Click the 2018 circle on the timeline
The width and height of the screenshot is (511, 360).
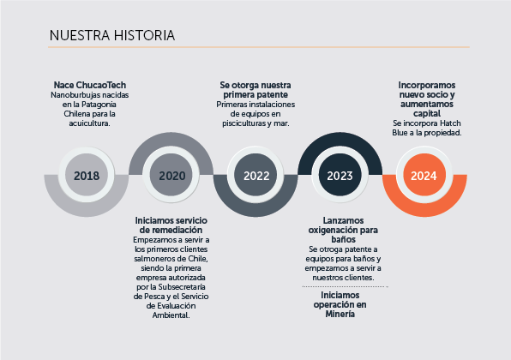(x=87, y=175)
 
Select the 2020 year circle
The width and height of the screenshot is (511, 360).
(x=171, y=175)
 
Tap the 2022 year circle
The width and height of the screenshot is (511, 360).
(x=255, y=175)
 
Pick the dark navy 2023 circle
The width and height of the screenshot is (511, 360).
(x=340, y=175)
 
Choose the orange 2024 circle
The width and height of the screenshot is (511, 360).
(x=424, y=175)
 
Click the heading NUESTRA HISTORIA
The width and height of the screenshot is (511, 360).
(x=112, y=35)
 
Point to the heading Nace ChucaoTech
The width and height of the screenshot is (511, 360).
(x=90, y=85)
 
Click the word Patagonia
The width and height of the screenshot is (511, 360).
(x=99, y=105)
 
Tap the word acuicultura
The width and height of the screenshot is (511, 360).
(x=89, y=123)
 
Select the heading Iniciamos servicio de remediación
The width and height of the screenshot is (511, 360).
(x=171, y=225)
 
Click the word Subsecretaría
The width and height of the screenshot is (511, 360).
(x=182, y=287)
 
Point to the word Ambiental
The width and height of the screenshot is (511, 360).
(x=171, y=315)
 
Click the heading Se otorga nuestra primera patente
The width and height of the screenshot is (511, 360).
(x=255, y=90)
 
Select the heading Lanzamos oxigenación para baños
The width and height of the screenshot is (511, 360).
(x=343, y=230)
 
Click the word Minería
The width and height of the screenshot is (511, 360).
(x=340, y=314)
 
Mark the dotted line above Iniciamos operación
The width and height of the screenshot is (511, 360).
(x=346, y=286)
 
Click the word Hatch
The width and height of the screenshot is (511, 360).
(x=450, y=123)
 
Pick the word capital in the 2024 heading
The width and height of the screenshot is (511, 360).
(x=427, y=114)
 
